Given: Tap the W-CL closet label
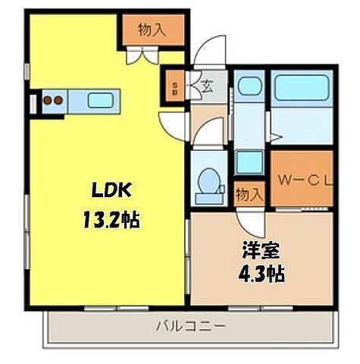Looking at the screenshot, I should tap(301, 181).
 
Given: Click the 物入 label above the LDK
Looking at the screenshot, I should tap(152, 30).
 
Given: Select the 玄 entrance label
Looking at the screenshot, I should tap(206, 85).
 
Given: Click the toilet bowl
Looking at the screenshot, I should tap(207, 182).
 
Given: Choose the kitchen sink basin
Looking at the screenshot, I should tap(99, 99).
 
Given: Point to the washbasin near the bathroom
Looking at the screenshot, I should tap(247, 86).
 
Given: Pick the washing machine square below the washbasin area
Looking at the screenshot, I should tap(248, 162).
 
